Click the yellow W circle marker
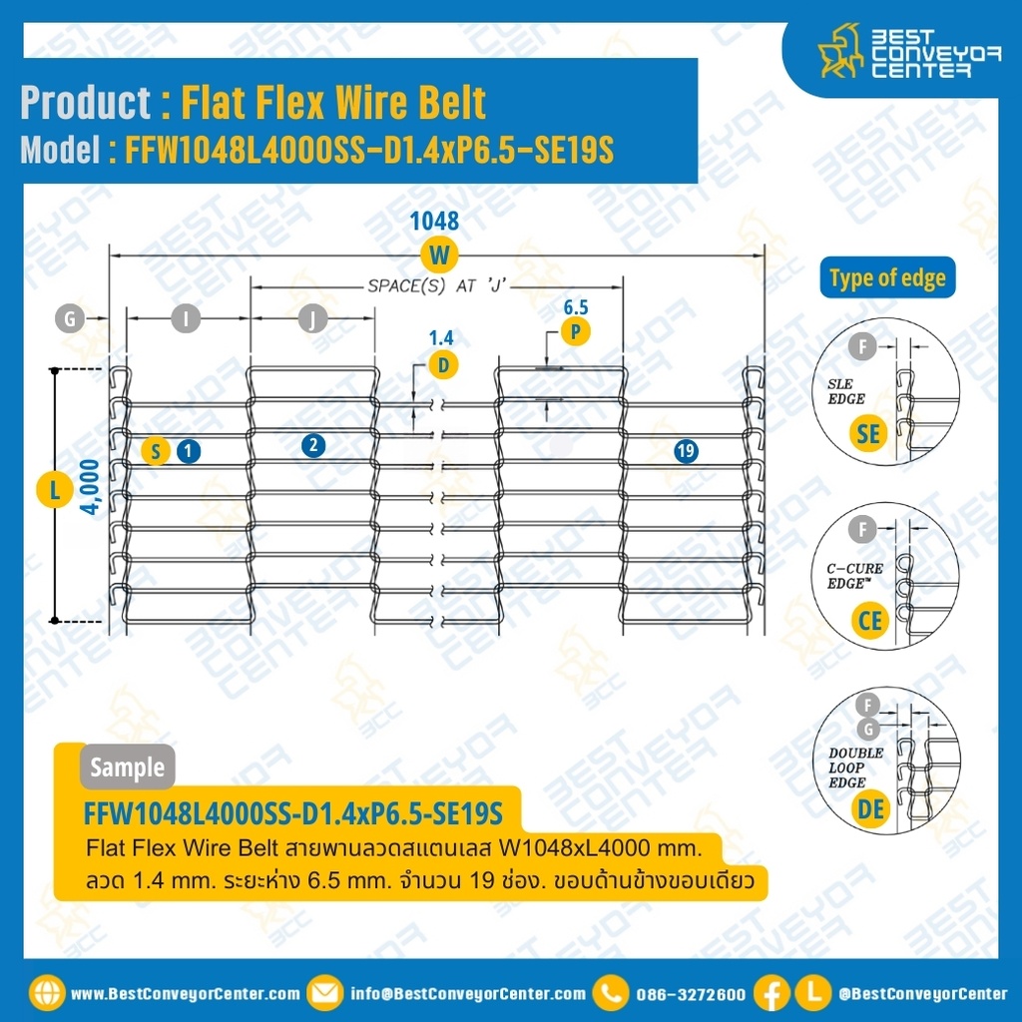click(x=437, y=255)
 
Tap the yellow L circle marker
click(x=54, y=490)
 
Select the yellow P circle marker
click(x=575, y=330)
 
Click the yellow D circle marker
click(x=443, y=365)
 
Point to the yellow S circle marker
click(x=156, y=451)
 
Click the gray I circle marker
click(x=186, y=319)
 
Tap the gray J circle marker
click(x=312, y=319)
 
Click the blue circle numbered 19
click(x=685, y=451)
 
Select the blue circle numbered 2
click(x=313, y=446)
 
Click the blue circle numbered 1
click(x=188, y=451)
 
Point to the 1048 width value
click(x=435, y=222)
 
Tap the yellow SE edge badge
click(x=869, y=432)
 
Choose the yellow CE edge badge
click(x=870, y=620)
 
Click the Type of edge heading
click(x=887, y=278)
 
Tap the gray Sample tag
click(x=127, y=767)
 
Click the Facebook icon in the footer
click(x=771, y=993)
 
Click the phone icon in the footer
click(x=610, y=993)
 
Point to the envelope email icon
click(x=324, y=993)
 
